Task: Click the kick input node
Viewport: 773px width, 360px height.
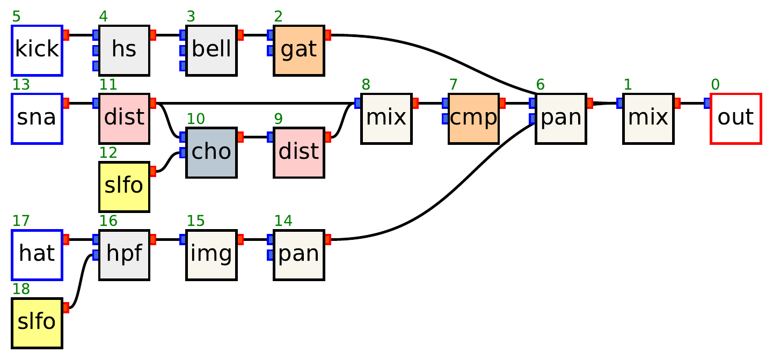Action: (37, 50)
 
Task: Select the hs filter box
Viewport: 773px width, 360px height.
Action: (124, 50)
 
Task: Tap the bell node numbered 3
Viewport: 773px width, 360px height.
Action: (212, 50)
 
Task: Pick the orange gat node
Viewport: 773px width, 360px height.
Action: (299, 50)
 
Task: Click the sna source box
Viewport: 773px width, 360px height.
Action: (37, 119)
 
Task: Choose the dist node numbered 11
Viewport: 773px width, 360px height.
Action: (124, 119)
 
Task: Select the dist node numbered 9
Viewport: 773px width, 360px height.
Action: (299, 153)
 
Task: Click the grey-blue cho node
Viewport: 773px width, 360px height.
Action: (212, 153)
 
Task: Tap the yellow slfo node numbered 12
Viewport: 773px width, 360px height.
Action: (124, 187)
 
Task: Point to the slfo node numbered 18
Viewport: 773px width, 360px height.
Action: (37, 323)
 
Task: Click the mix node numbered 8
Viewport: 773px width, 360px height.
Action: (386, 119)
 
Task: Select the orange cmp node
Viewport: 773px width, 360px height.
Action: (473, 119)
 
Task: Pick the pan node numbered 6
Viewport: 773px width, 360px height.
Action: (561, 119)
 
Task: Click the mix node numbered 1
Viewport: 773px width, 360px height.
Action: (648, 119)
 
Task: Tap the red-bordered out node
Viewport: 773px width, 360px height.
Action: (735, 119)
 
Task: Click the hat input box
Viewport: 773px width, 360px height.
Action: (37, 255)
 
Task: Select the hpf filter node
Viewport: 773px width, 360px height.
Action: (124, 255)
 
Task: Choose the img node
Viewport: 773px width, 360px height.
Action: (212, 255)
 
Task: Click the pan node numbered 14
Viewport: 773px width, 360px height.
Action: (299, 255)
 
